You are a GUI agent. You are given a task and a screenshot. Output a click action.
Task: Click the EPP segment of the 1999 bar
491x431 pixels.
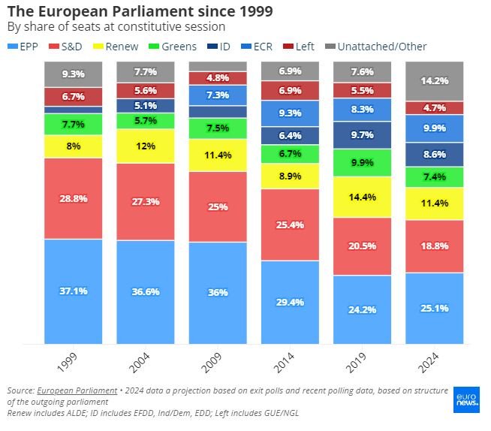(x=73, y=291)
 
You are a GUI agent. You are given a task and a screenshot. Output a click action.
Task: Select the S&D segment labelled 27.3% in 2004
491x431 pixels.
(x=146, y=202)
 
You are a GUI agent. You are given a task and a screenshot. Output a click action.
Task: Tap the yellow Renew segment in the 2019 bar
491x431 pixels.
(x=362, y=197)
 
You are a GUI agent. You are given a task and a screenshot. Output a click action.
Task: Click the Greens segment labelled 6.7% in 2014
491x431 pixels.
(x=290, y=154)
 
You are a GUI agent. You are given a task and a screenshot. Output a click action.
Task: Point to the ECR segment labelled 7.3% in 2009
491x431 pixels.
(x=218, y=95)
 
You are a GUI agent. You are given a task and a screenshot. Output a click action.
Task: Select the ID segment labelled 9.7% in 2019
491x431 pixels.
(x=362, y=135)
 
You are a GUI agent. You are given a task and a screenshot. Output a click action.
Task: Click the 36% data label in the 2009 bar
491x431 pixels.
(x=218, y=293)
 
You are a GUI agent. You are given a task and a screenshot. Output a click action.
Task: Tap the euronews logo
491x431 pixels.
(x=466, y=399)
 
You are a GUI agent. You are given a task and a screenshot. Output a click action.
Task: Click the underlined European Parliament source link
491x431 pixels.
(x=76, y=391)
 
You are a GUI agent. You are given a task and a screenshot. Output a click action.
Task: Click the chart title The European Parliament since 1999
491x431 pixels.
(x=140, y=11)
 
